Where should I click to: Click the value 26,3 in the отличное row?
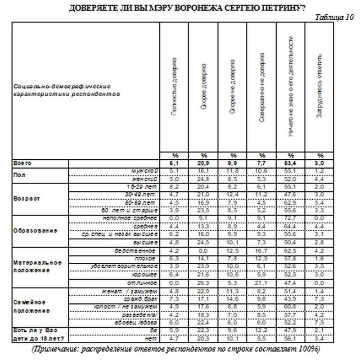click(203, 283)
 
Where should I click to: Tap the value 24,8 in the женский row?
click(203, 178)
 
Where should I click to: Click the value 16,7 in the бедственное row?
click(262, 250)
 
